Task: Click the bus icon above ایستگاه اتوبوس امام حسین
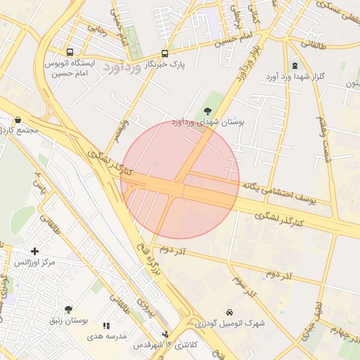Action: [x=70, y=52]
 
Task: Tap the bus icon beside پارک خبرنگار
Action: [x=165, y=53]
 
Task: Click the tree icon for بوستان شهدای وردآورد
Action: [x=207, y=110]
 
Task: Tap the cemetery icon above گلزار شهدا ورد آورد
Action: [x=294, y=65]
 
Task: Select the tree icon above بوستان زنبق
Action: [x=68, y=309]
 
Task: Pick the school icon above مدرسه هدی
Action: [x=106, y=326]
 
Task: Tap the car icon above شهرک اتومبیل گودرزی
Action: [x=229, y=312]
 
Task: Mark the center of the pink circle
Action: [x=180, y=180]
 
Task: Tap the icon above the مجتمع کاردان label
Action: [x=18, y=120]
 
